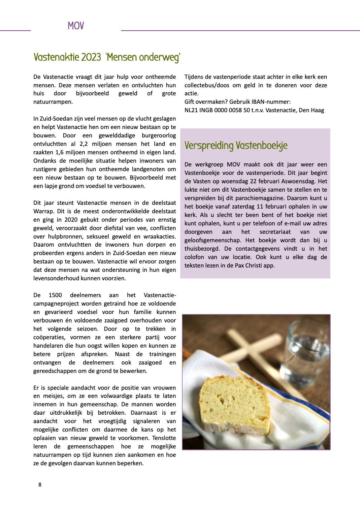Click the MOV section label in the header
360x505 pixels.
(75, 26)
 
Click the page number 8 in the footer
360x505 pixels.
(40, 485)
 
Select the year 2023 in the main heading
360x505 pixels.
(91, 57)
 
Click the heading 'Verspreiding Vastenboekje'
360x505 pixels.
(236, 146)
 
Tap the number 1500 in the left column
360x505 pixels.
(55, 295)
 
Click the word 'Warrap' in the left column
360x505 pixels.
(43, 211)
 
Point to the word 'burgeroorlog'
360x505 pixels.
(159, 135)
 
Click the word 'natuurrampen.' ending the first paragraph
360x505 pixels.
(53, 101)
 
